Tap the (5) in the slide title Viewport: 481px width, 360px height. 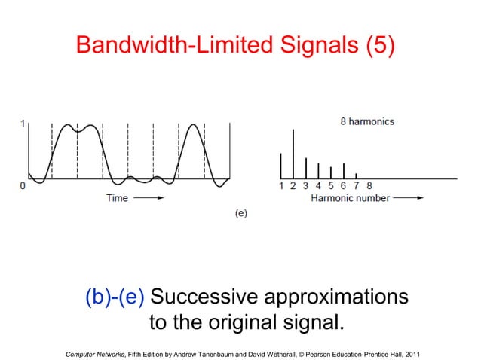click(x=379, y=46)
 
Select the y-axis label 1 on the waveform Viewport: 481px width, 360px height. click(x=23, y=124)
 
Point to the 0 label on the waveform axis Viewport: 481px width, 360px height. click(x=23, y=185)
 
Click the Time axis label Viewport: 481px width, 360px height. click(x=117, y=198)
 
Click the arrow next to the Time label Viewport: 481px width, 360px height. click(x=150, y=198)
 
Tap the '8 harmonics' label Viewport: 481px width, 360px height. click(x=366, y=121)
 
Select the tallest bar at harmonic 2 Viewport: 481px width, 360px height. click(x=293, y=154)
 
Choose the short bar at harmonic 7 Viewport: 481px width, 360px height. click(x=356, y=175)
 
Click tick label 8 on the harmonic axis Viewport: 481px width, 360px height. click(x=369, y=186)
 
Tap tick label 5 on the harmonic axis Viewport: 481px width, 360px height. click(x=331, y=186)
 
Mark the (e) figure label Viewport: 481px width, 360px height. click(x=240, y=213)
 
